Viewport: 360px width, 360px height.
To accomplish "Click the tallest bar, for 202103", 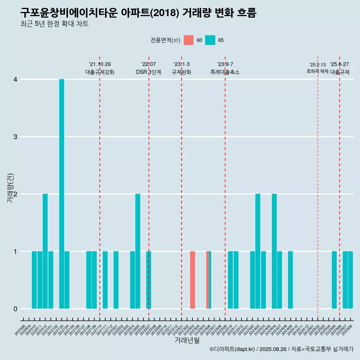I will [x=61, y=194].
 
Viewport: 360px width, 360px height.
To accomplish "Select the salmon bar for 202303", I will [x=192, y=280].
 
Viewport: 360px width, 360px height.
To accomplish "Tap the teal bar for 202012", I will [x=45, y=251].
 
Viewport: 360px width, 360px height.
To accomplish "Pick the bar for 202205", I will [x=138, y=251].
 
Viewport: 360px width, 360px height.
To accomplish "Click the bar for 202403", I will [x=258, y=251].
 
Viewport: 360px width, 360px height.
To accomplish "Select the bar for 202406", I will [x=274, y=251].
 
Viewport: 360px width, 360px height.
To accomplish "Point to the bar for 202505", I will [x=334, y=280].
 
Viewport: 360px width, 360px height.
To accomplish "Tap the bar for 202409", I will [x=291, y=280].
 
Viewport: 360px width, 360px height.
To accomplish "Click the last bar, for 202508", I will [x=350, y=280].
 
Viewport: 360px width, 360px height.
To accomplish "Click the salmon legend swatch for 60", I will [x=189, y=40].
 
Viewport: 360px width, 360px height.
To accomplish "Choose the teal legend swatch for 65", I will [x=210, y=40].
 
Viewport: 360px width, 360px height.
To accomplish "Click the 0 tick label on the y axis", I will [x=15, y=309].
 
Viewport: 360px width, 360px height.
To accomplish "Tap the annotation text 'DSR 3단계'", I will [x=148, y=72].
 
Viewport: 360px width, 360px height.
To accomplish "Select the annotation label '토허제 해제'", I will [x=317, y=71].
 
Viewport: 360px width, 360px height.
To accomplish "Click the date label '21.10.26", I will [x=100, y=64].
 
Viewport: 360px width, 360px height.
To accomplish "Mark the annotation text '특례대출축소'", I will [x=225, y=72].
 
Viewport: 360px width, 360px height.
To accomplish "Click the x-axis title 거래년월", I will [x=187, y=340].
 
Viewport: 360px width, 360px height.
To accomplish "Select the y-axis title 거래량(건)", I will [x=10, y=188].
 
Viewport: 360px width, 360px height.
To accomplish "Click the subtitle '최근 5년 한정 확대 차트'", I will [x=54, y=24].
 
